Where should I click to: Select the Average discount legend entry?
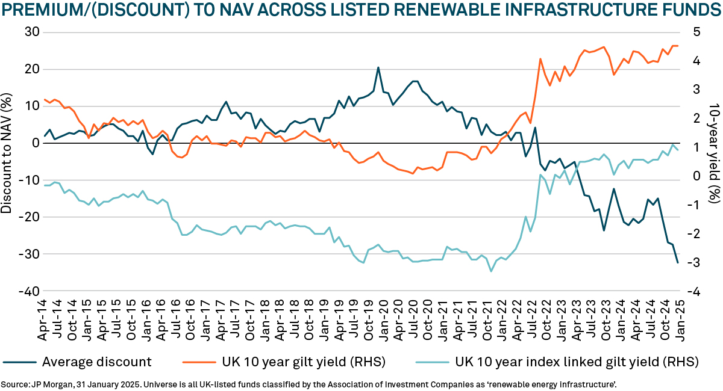point(97,362)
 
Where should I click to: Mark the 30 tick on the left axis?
point(31,32)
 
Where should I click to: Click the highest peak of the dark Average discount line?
point(378,67)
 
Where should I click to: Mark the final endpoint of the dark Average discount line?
point(678,262)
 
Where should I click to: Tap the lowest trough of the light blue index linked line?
point(491,271)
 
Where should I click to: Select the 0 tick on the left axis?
point(34,143)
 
